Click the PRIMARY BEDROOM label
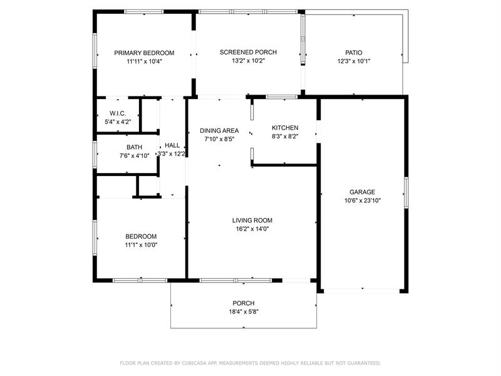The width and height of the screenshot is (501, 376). coord(144,53)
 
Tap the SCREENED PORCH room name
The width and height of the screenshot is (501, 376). coord(248,52)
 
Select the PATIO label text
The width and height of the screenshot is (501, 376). coord(354,53)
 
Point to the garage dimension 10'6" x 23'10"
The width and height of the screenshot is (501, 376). coord(363,201)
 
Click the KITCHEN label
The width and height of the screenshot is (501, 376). coord(285,128)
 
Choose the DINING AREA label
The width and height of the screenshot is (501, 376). coord(219,131)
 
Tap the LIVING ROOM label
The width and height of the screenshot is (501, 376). coord(252,221)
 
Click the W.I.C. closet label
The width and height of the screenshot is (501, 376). coord(118,113)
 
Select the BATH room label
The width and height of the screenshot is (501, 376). coord(134,147)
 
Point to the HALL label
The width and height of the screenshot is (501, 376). coord(172,145)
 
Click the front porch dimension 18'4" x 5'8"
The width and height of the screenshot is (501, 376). coord(244,311)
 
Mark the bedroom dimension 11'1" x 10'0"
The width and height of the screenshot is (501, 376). coord(141,245)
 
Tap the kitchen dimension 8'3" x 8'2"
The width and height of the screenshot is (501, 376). coord(285,137)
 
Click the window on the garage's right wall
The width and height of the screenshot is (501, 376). coord(406,193)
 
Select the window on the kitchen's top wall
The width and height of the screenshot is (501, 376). coord(281,97)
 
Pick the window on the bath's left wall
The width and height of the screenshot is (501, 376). coord(95,155)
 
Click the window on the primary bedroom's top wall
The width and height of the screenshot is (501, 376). coord(144,12)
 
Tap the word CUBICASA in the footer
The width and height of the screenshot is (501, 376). coord(195,363)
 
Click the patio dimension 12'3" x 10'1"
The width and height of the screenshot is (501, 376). coord(354,61)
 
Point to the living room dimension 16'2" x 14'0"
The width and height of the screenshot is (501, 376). coord(252,229)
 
